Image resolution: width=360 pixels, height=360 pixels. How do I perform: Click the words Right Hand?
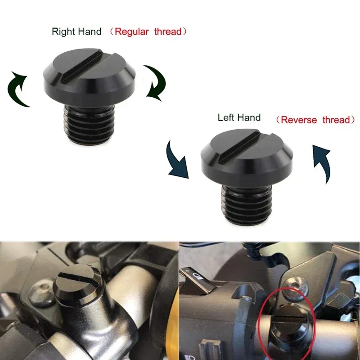tap(75, 31)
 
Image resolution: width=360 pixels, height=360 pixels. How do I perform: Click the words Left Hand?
tap(239, 118)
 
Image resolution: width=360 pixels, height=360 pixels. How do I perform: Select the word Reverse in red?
tap(301, 120)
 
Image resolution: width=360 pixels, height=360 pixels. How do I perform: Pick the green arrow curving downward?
tap(156, 81)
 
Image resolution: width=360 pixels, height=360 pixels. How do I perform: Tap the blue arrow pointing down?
tap(177, 160)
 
